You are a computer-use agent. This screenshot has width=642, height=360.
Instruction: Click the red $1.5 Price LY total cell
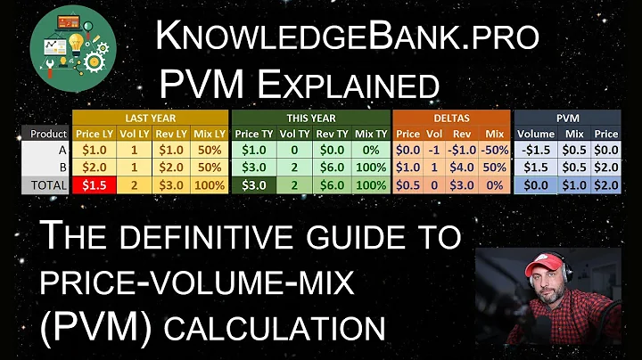tap(93, 185)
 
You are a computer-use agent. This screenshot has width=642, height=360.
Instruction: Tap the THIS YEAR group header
tap(309, 117)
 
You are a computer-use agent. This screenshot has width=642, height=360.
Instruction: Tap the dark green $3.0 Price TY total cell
tap(252, 185)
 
